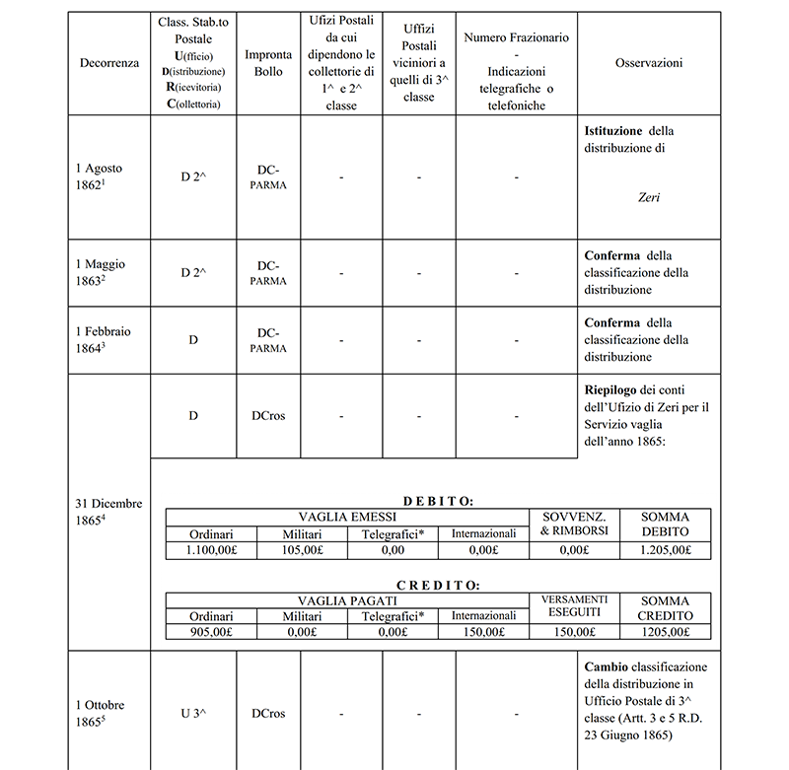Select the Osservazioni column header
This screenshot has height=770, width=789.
[649, 62]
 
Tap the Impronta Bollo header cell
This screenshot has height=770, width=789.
[267, 63]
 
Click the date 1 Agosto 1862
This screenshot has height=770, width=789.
[100, 176]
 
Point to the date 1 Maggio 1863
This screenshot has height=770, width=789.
[101, 272]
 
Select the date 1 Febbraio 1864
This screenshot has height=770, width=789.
[103, 340]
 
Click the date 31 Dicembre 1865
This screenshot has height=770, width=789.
[108, 512]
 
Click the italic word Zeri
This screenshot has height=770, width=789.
[648, 197]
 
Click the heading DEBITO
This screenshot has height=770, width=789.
[438, 502]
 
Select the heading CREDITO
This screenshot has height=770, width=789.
[438, 585]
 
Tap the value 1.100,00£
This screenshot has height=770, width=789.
[211, 551]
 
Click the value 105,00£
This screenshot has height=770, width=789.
[302, 551]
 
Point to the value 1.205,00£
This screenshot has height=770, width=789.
[665, 551]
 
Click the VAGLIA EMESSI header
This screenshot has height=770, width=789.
[347, 517]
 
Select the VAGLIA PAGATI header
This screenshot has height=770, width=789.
[347, 599]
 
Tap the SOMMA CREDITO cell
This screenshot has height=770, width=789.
[665, 607]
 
